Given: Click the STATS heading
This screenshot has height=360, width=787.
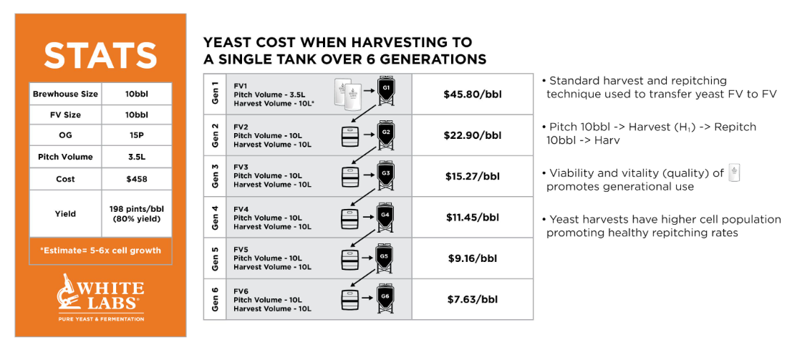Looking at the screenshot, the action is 100,54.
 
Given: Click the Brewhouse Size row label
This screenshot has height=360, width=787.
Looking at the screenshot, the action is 65,94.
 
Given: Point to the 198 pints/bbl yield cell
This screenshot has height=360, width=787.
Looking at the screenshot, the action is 137,213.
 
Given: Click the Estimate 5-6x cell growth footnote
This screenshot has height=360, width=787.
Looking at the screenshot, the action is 100,250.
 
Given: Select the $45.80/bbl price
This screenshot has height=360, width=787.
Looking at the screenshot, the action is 473,94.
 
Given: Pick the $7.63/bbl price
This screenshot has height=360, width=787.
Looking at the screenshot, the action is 473,299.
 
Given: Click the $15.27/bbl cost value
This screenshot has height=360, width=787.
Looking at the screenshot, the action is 473,177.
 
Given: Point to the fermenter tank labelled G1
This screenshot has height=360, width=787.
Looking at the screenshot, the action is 385,91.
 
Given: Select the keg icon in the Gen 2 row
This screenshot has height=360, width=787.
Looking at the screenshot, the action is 350,136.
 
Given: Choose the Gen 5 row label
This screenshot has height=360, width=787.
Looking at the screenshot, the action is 215,258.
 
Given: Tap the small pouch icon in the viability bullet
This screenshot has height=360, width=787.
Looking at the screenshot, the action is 734,173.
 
